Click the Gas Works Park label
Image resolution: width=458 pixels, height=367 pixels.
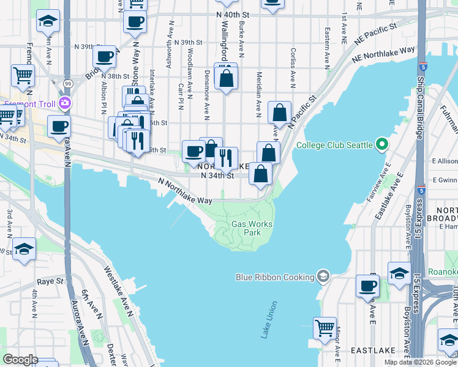click(x=252, y=228)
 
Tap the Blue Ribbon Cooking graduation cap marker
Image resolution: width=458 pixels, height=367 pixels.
click(x=323, y=276)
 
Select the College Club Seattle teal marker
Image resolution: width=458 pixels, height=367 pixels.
click(x=382, y=145)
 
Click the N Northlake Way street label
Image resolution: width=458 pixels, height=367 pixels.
click(x=185, y=191)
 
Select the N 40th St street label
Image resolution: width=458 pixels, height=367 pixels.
click(x=234, y=13)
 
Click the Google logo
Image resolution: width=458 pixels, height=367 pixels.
click(x=20, y=360)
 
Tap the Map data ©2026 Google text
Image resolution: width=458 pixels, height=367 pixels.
click(x=420, y=362)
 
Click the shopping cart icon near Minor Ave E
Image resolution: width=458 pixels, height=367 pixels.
click(x=325, y=327)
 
